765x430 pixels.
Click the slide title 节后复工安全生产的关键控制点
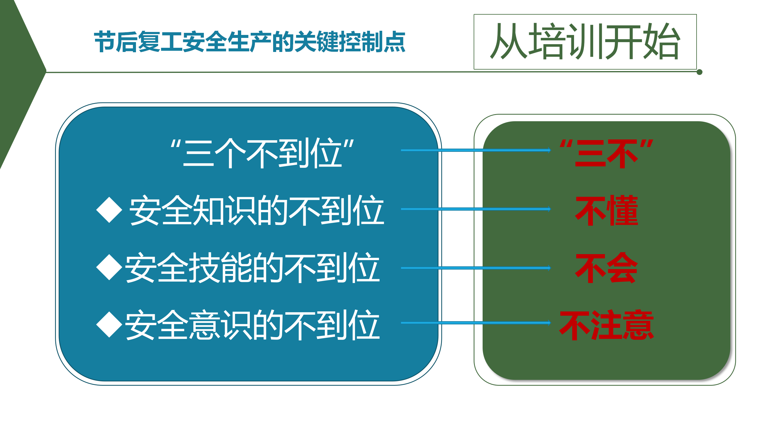point(250,42)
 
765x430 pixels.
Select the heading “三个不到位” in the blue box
point(262,153)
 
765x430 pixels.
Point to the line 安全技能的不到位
point(253,267)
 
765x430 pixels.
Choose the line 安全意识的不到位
point(253,325)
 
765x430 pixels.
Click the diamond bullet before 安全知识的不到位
point(109,210)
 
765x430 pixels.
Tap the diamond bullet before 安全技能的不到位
point(109,267)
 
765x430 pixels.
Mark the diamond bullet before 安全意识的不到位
point(109,324)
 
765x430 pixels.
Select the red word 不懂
point(607,210)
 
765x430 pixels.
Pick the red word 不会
point(607,268)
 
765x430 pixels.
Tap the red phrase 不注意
point(607,325)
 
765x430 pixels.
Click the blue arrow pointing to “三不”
point(476,150)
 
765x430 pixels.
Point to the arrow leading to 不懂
point(476,209)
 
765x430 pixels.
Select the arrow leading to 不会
point(476,268)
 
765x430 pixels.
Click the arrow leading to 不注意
point(476,323)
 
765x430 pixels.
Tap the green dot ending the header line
point(700,72)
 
